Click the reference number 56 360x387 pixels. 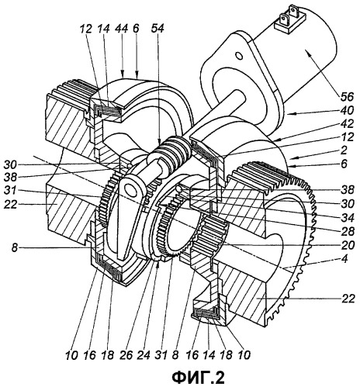pyautogui.click(x=347, y=96)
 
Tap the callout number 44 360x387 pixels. pyautogui.click(x=121, y=29)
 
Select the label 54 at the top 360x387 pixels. pyautogui.click(x=157, y=29)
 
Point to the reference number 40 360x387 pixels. pyautogui.click(x=347, y=110)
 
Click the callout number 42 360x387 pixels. pyautogui.click(x=347, y=124)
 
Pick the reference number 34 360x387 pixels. pyautogui.click(x=347, y=218)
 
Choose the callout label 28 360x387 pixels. pyautogui.click(x=347, y=231)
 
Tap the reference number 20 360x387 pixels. pyautogui.click(x=347, y=245)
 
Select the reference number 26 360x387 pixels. pyautogui.click(x=126, y=355)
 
